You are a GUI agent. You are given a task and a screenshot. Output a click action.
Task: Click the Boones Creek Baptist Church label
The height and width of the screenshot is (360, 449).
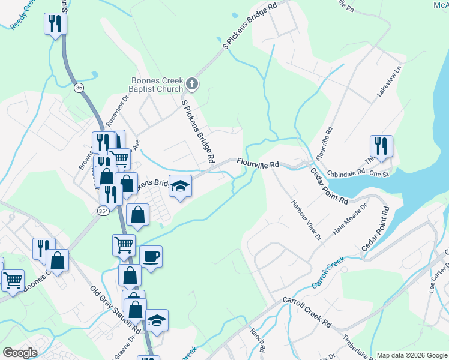[157, 85]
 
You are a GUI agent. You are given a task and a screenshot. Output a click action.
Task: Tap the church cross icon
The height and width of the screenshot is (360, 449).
[192, 83]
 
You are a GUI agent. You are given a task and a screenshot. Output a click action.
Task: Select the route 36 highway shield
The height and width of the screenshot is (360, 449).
[79, 88]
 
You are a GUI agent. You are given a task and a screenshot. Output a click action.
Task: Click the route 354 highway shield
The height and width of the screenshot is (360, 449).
[103, 210]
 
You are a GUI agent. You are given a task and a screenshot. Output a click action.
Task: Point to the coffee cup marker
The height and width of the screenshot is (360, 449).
[151, 257]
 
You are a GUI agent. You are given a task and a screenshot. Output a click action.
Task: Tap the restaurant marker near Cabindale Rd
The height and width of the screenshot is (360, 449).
[381, 146]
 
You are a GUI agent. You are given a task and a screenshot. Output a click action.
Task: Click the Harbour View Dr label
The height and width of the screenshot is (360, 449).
[307, 220]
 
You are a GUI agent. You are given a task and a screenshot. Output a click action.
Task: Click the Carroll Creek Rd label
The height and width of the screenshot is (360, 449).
[307, 312]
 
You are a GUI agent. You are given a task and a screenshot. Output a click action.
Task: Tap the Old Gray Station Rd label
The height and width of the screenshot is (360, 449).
[116, 310]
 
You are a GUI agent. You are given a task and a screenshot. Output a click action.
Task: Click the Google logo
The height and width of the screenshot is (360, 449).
[20, 353]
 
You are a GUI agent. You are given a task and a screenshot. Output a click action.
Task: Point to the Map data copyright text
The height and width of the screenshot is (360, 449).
[411, 355]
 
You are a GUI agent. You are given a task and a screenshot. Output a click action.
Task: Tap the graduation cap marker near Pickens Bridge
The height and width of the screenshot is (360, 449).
[179, 187]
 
